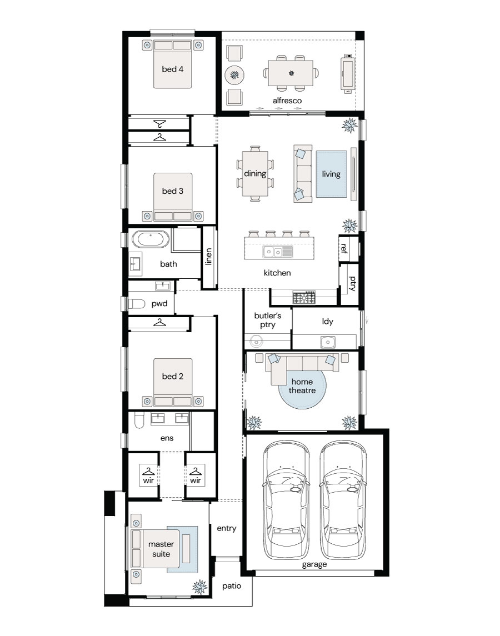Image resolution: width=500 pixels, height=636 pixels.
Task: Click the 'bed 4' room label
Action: [x=172, y=69]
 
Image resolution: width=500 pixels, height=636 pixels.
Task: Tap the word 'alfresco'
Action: [x=287, y=101]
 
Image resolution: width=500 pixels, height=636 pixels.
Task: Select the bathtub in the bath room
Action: [x=151, y=239]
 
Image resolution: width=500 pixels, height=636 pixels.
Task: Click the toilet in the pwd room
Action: [x=136, y=303]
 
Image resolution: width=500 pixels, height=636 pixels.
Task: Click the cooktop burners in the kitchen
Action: [x=304, y=298]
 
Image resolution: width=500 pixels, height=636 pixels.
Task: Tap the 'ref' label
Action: [x=344, y=248]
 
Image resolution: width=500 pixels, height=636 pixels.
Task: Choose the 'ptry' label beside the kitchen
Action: [x=352, y=283]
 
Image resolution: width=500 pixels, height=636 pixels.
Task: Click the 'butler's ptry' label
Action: [x=268, y=320]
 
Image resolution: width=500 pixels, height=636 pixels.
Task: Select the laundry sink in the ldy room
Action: [x=328, y=342]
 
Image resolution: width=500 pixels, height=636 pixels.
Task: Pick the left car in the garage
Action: [x=286, y=500]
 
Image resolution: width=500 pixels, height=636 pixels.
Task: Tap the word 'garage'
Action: [x=314, y=564]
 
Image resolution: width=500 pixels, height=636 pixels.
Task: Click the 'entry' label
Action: [x=227, y=528]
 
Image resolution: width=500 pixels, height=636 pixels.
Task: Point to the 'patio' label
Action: [x=232, y=586]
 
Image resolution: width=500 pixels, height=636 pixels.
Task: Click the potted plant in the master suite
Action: [x=199, y=587]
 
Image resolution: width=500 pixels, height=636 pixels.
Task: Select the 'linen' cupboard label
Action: [x=208, y=257]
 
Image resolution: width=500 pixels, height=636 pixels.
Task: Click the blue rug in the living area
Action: [x=332, y=174]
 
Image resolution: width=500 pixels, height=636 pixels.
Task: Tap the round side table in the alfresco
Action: [x=234, y=75]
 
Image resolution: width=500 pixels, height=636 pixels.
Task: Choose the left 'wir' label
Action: [x=148, y=480]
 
